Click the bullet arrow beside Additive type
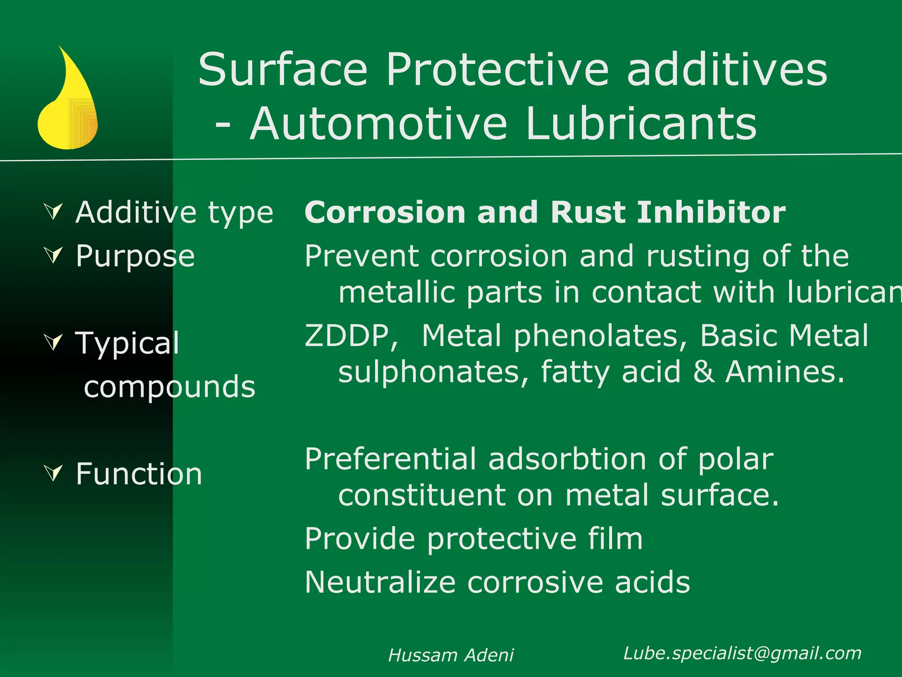54,212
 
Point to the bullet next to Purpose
54,255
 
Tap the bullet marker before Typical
54,342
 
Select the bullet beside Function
54,472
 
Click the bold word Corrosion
385,212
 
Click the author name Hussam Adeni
451,655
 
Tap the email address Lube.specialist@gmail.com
742,653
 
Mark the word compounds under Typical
170,387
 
